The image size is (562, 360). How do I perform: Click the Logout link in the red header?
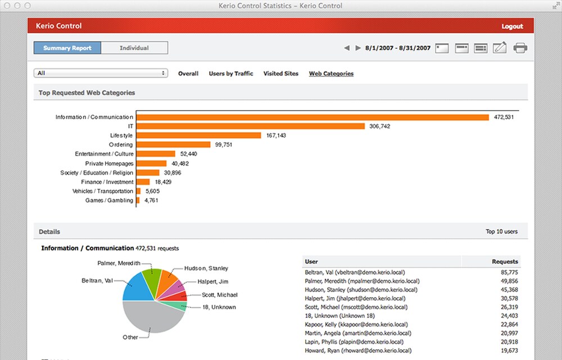pyautogui.click(x=512, y=26)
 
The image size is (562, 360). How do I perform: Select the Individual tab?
pyautogui.click(x=134, y=48)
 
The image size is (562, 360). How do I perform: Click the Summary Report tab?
pyautogui.click(x=67, y=48)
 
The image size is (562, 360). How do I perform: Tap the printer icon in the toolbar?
pyautogui.click(x=520, y=48)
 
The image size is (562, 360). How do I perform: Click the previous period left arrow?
pyautogui.click(x=347, y=48)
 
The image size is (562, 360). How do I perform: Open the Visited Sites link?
pyautogui.click(x=280, y=74)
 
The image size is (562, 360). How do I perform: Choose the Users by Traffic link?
pyautogui.click(x=231, y=74)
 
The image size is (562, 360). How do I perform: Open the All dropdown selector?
pyautogui.click(x=101, y=73)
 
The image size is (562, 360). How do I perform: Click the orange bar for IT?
pyautogui.click(x=251, y=126)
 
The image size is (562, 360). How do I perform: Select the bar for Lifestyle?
pyautogui.click(x=198, y=135)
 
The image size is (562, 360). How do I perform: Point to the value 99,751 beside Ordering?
pyautogui.click(x=224, y=145)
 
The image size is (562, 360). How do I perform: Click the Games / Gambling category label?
pyautogui.click(x=109, y=200)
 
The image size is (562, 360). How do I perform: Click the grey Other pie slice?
pyautogui.click(x=152, y=316)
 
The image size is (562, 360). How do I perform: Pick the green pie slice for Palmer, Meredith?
pyautogui.click(x=151, y=281)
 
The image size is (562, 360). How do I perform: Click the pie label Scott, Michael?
pyautogui.click(x=220, y=295)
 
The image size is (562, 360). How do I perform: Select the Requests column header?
pyautogui.click(x=505, y=262)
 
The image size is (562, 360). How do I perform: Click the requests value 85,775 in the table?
pyautogui.click(x=509, y=272)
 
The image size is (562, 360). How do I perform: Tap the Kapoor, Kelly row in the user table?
pyautogui.click(x=411, y=325)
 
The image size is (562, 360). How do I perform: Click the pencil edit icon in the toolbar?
pyautogui.click(x=500, y=48)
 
